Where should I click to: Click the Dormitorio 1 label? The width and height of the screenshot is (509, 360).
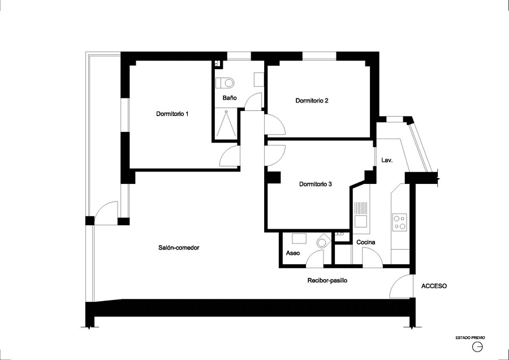[x=172, y=114]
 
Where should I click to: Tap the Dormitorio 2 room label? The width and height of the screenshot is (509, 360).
[x=312, y=101]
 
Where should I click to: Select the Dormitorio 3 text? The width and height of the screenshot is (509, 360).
[x=315, y=184]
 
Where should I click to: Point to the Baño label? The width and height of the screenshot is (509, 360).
[x=230, y=98]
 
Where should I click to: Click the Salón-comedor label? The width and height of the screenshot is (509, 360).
[x=179, y=247]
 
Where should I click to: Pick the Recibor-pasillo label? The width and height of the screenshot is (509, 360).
[x=327, y=280]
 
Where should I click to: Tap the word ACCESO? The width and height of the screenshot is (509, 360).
[x=434, y=286]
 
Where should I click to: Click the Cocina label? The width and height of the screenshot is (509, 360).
[x=366, y=242]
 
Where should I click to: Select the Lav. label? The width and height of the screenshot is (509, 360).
[x=387, y=160]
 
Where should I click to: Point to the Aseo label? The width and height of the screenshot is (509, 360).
[x=293, y=253]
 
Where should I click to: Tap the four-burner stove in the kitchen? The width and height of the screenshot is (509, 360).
[x=399, y=222]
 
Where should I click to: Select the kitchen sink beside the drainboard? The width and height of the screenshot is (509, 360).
[x=360, y=221]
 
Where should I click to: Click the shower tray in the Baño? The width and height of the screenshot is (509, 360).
[x=226, y=125]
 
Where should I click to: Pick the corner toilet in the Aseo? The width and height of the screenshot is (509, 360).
[x=323, y=241]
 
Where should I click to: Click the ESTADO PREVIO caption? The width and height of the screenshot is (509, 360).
[x=470, y=338]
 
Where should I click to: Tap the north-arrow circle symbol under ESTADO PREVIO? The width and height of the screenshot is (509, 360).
[x=477, y=347]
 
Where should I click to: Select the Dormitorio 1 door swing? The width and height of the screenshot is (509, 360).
[x=230, y=157]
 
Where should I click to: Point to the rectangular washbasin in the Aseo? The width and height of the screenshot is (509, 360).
[x=299, y=238]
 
